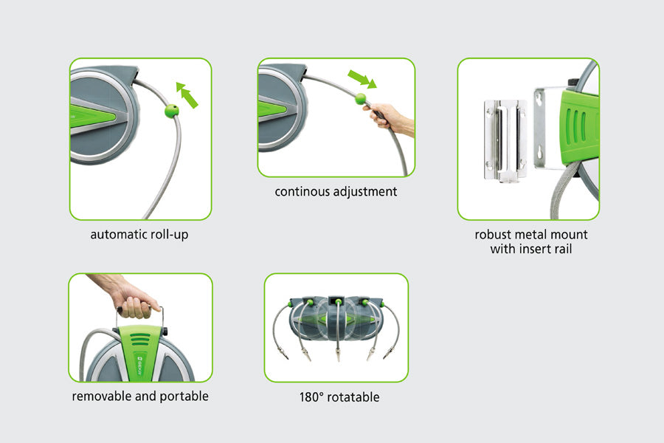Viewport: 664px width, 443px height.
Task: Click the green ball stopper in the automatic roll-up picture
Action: [x=171, y=111]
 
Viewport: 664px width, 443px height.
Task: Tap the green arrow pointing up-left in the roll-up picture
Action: [x=187, y=95]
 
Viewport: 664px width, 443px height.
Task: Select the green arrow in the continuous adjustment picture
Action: [x=362, y=79]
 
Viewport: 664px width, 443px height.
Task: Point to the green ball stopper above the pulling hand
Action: [x=360, y=99]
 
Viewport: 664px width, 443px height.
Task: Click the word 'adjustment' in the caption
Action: [x=365, y=192]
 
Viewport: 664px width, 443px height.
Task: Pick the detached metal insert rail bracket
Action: [x=505, y=140]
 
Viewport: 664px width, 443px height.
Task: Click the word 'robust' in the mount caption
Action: [x=494, y=235]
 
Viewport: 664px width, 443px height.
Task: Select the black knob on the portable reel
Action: [x=165, y=331]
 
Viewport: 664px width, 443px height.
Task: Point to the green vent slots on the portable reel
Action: [x=140, y=339]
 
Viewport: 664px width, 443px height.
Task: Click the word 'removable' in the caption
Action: [x=102, y=396]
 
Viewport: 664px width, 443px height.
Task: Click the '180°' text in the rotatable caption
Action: [x=311, y=397]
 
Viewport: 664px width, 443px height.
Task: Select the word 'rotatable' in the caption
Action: [x=353, y=397]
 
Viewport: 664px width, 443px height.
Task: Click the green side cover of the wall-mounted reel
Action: [x=579, y=124]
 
